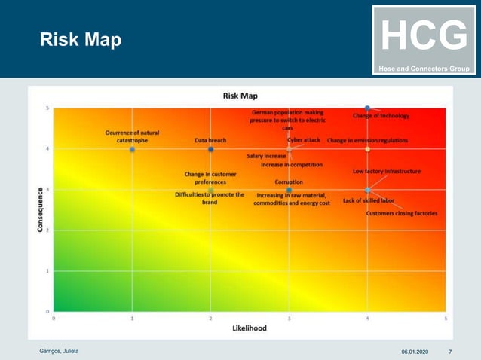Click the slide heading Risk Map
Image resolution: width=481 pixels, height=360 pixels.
point(81,40)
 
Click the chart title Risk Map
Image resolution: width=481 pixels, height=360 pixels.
point(240,96)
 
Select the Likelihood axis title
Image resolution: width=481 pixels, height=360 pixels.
point(249,328)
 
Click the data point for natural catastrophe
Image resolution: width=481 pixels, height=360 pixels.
point(132,149)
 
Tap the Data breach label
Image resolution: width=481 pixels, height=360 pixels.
point(210,140)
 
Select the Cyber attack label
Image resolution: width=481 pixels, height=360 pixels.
point(304,140)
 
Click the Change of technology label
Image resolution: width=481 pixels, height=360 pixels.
point(381,116)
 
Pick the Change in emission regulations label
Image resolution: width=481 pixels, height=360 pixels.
point(367,140)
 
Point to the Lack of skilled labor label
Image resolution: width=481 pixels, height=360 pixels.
point(369,200)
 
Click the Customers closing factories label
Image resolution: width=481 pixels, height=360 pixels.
point(401,213)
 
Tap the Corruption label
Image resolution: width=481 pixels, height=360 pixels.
point(289,182)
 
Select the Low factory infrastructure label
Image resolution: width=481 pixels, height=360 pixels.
point(387,172)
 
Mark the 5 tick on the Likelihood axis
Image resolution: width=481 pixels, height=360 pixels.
point(446,319)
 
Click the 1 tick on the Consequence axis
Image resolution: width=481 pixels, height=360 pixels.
point(49,270)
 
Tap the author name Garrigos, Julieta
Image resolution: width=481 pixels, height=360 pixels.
point(59,352)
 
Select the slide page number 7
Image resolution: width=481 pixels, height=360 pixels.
point(450,352)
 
